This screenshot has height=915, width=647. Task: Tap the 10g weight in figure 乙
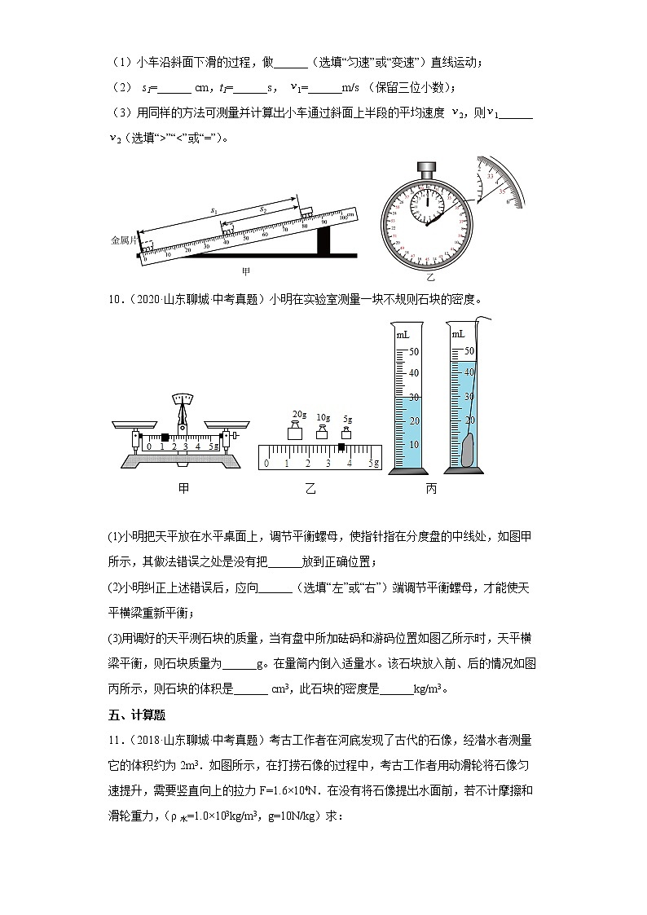pyautogui.click(x=323, y=432)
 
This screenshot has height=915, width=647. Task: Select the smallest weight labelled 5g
pyautogui.click(x=347, y=433)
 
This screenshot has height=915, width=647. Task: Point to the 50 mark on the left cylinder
pyautogui.click(x=413, y=352)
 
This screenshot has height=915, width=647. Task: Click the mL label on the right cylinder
pyautogui.click(x=460, y=334)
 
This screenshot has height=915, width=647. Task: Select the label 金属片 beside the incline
pyautogui.click(x=125, y=240)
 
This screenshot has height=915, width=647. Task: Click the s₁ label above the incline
pyautogui.click(x=214, y=211)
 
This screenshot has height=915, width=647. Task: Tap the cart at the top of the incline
pyautogui.click(x=307, y=211)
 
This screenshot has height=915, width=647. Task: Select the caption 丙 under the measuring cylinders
pyautogui.click(x=431, y=488)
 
